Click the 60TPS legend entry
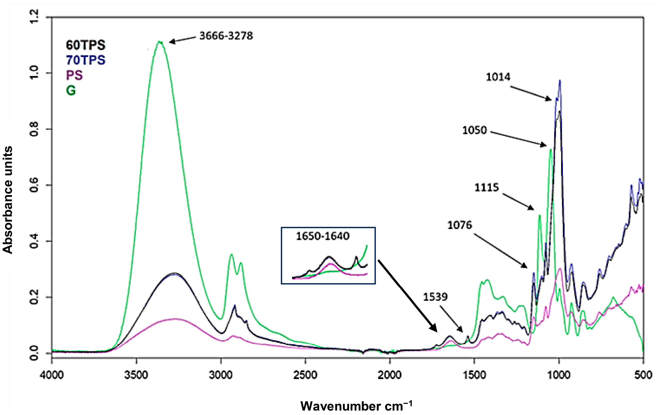(x=85, y=45)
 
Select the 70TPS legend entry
(x=85, y=60)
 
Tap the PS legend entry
(x=74, y=75)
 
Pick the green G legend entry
(x=71, y=90)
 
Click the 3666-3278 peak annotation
(x=226, y=36)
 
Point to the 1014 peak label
(x=498, y=77)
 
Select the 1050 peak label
(x=475, y=130)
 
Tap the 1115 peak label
(x=487, y=188)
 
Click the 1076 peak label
(x=460, y=225)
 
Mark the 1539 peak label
(x=435, y=297)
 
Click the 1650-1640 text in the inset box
(x=323, y=236)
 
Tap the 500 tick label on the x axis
(x=642, y=375)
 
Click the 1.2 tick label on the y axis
(x=35, y=17)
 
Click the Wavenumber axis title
(x=356, y=406)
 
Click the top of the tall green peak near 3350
(x=160, y=42)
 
